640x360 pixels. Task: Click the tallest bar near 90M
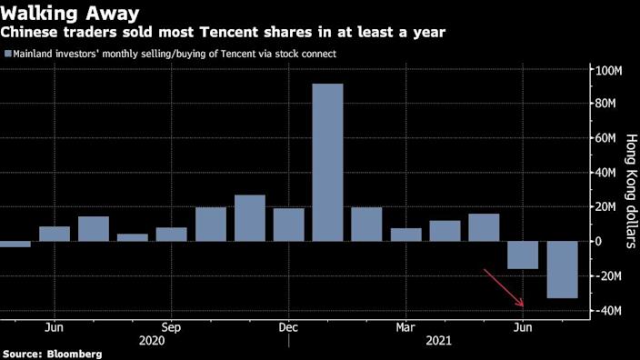(x=327, y=162)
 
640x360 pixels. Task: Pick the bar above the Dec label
(x=288, y=225)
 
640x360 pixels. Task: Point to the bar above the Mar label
(x=405, y=235)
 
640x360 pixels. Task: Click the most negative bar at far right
(x=562, y=269)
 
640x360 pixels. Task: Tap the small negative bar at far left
(x=15, y=244)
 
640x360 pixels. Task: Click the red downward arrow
(x=505, y=288)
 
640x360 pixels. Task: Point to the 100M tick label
(x=606, y=70)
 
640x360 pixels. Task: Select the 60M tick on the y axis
(x=606, y=138)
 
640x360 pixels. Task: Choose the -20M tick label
(x=606, y=276)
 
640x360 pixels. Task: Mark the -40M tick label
(x=606, y=311)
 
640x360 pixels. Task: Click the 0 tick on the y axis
(x=597, y=242)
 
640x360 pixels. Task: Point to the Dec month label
(x=288, y=325)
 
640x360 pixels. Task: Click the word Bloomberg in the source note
(x=75, y=353)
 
